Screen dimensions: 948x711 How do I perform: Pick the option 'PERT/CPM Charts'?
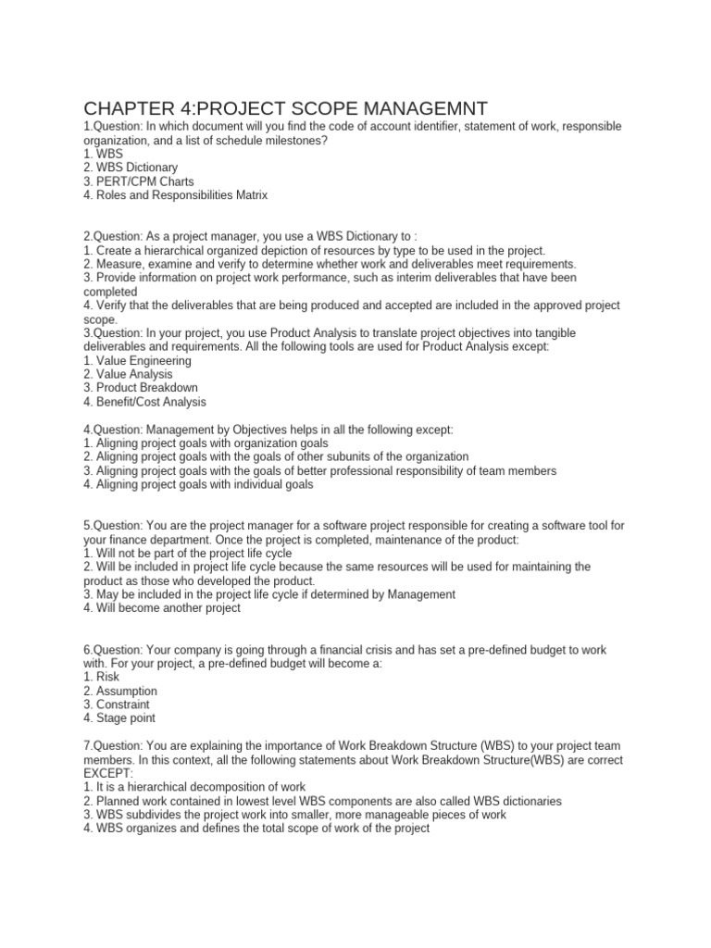point(138,181)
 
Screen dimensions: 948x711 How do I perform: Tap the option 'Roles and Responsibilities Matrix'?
point(175,195)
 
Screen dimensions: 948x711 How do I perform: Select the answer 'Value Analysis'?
point(129,374)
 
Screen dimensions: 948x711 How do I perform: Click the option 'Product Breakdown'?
point(140,388)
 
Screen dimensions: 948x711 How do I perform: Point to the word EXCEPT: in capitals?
point(108,773)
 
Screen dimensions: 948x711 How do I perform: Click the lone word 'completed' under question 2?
point(110,292)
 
